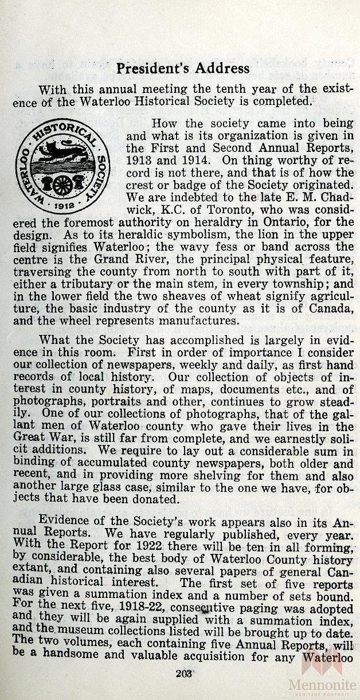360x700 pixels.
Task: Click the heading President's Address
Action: tap(183, 69)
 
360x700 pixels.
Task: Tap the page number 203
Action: tap(183, 672)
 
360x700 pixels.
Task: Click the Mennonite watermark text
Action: tap(323, 683)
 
